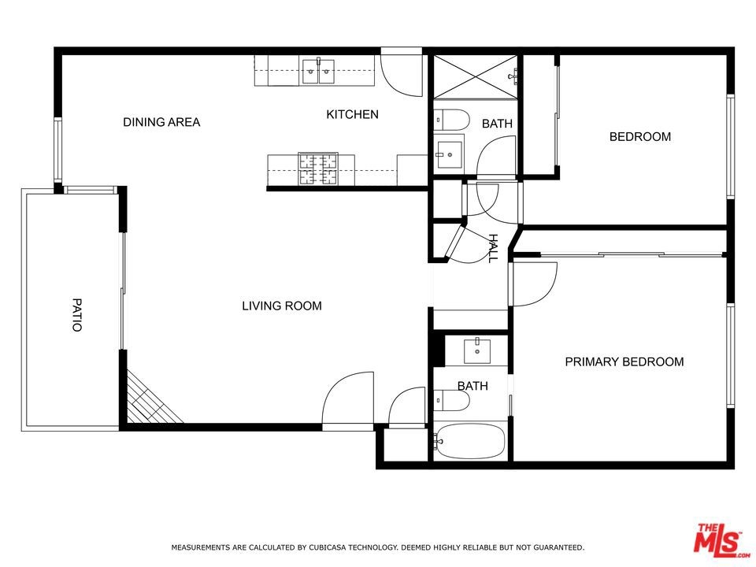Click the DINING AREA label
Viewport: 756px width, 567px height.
(161, 122)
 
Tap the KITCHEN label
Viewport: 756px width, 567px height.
(353, 114)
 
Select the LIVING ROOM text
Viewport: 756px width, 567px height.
(282, 306)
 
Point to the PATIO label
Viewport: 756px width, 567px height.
(77, 315)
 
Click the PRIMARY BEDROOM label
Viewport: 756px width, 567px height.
(624, 361)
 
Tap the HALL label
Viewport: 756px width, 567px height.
(493, 248)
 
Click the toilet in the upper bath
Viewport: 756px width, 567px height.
(451, 120)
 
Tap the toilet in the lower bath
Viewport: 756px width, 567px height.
(451, 401)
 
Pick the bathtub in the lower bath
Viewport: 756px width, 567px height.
(470, 441)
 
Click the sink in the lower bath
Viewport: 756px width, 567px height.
(477, 350)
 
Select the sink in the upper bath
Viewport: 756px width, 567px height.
(450, 154)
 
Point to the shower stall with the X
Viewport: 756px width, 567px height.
(476, 76)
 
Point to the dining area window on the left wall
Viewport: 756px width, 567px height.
(57, 150)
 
